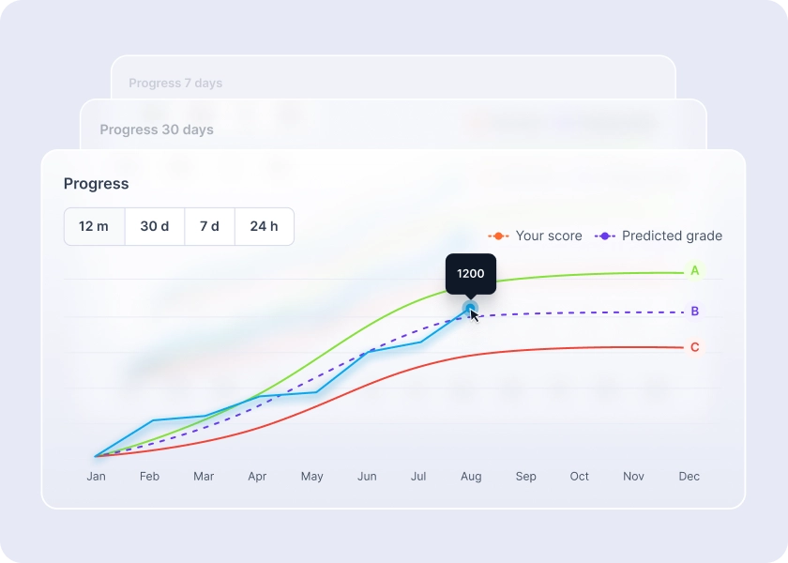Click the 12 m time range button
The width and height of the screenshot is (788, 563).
tap(94, 226)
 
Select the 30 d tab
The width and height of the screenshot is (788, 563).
tap(155, 226)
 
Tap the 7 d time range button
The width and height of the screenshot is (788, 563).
tap(209, 226)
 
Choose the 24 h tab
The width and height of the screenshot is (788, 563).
tap(264, 226)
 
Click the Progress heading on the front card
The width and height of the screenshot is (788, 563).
tap(97, 184)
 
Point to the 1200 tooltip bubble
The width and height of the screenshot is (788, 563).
tap(470, 274)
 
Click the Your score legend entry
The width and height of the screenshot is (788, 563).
tap(537, 236)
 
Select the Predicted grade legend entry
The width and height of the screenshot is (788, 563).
tap(660, 236)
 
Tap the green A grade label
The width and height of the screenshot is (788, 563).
tap(695, 271)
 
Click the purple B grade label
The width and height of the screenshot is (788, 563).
tap(695, 312)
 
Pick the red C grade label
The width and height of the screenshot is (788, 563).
tap(695, 347)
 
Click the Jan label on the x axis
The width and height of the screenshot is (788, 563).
tap(96, 477)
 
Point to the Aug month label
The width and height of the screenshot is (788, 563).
tap(471, 477)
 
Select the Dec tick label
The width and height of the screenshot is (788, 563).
tap(689, 477)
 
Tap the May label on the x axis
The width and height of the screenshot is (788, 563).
tap(311, 477)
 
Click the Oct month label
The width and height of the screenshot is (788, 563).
tap(580, 477)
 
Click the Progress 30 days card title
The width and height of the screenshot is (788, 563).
tap(157, 129)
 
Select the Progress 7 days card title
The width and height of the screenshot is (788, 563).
tap(175, 83)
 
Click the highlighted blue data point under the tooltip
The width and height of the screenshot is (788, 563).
tap(470, 307)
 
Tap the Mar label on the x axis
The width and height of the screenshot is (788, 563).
tap(204, 477)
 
